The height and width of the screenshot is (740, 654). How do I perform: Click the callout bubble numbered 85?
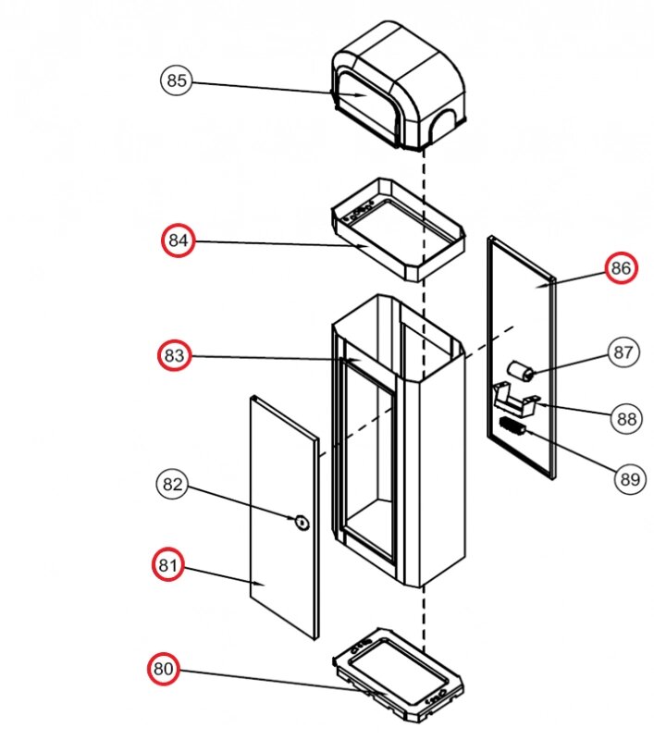[176, 80]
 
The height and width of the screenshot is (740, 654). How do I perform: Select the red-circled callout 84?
[179, 241]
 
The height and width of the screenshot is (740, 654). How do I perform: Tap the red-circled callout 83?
[175, 355]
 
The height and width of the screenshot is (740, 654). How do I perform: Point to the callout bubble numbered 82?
[174, 484]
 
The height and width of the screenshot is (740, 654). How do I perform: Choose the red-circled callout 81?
[169, 564]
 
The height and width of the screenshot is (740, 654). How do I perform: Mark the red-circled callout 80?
[165, 669]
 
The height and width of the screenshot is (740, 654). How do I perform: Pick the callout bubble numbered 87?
[623, 351]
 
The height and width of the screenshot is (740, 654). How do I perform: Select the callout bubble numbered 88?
[627, 419]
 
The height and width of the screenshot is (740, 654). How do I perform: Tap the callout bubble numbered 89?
[629, 479]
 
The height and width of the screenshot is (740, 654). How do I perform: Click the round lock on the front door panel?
[302, 522]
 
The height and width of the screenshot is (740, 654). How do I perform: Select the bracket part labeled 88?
[515, 399]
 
